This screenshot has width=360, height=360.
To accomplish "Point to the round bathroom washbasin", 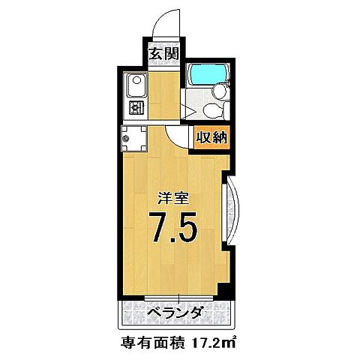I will pos(220,91).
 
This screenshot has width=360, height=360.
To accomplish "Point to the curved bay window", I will pos(231,212).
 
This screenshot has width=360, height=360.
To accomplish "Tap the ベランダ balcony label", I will pos(172,312).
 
